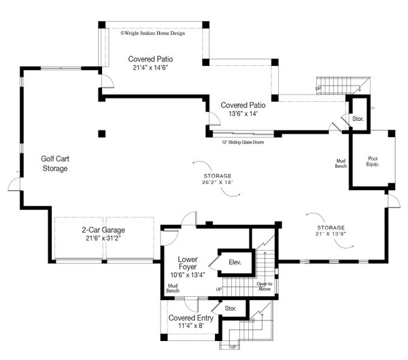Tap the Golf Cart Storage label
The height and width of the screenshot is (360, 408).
click(54, 163)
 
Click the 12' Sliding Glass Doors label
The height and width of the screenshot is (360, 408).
click(243, 142)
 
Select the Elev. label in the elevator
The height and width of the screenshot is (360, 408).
click(235, 262)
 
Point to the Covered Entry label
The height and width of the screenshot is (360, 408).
click(191, 318)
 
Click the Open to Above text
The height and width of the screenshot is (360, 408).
click(265, 287)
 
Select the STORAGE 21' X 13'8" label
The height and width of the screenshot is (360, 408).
click(330, 231)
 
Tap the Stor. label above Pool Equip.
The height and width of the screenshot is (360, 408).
click(358, 119)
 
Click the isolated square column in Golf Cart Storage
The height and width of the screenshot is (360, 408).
click(102, 133)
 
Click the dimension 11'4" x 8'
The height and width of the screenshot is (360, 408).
click(191, 327)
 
